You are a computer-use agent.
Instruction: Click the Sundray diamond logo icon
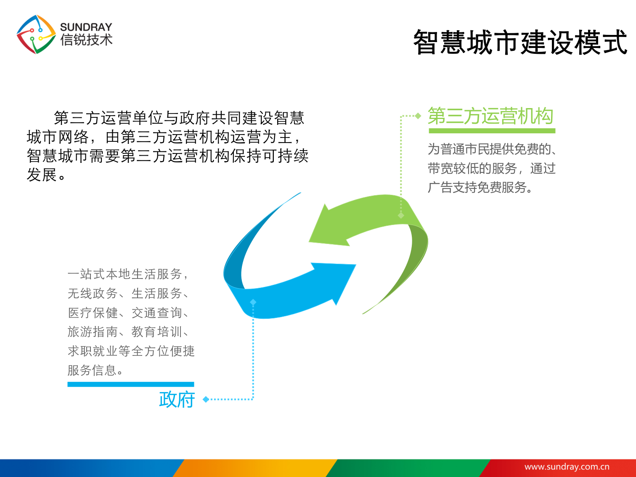pos(36,34)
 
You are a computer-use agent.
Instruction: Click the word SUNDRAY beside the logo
pos(86,27)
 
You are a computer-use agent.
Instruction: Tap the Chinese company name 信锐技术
pos(86,40)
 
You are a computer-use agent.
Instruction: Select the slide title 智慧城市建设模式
pos(520,42)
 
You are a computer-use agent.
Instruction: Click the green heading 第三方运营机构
pos(490,116)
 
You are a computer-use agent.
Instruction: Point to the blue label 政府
pos(177,399)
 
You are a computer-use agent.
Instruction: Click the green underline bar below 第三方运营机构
pos(492,131)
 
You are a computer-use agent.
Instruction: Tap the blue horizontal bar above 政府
pos(130,384)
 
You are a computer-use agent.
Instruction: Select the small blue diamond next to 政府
pos(206,399)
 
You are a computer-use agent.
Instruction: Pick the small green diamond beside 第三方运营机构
pos(418,116)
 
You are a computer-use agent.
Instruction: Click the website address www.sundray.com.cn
pos(567,466)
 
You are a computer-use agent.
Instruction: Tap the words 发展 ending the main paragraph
pos(42,175)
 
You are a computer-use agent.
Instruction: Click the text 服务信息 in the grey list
pos(92,370)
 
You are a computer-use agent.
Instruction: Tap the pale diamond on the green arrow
pos(401,215)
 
